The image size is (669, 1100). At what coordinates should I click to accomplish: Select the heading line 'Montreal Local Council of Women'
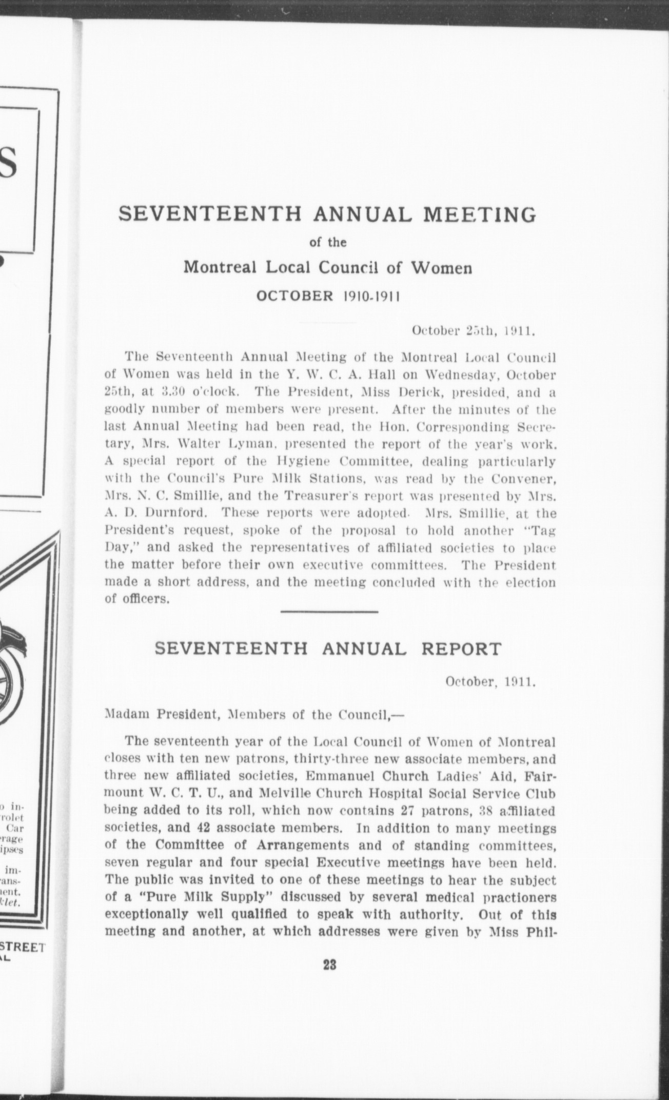pyautogui.click(x=328, y=268)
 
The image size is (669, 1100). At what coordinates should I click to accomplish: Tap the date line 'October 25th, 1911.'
pyautogui.click(x=474, y=331)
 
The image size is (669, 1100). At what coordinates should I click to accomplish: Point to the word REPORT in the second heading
pyautogui.click(x=460, y=649)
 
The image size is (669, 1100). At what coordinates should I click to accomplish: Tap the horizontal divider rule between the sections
pyautogui.click(x=329, y=612)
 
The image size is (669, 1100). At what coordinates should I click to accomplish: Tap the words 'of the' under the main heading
pyautogui.click(x=329, y=242)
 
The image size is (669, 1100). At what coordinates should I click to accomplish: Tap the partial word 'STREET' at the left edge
pyautogui.click(x=23, y=948)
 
